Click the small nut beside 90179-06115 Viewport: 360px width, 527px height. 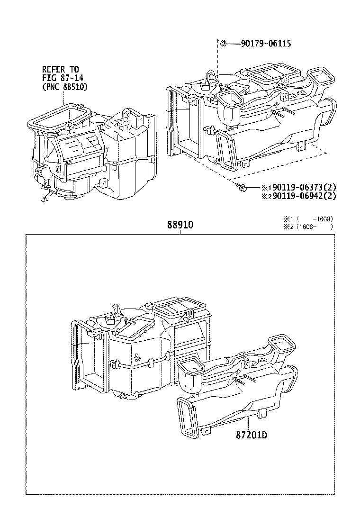[223, 44]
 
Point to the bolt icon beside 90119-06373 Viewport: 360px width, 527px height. [240, 188]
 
